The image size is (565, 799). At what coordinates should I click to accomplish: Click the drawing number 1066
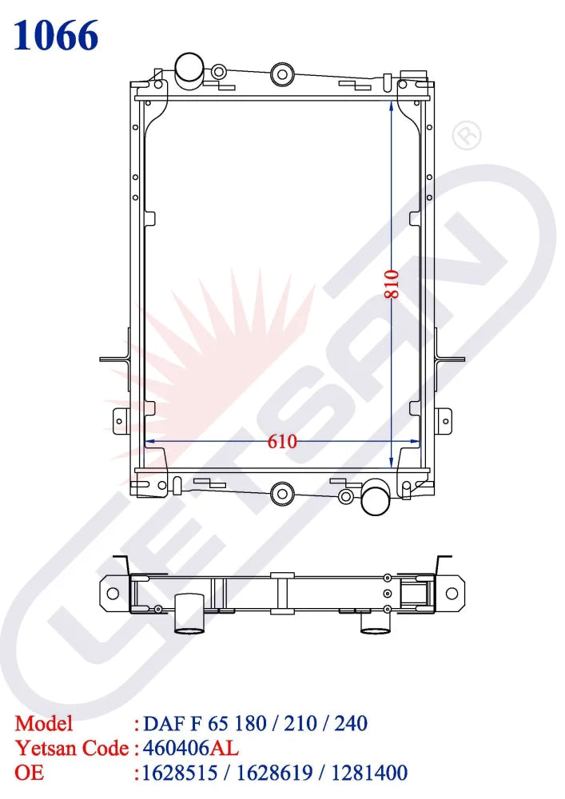[x=56, y=36]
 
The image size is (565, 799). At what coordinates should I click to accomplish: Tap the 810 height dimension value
[x=391, y=284]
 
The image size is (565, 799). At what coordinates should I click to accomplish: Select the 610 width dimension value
[x=282, y=441]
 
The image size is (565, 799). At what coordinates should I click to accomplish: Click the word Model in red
[x=44, y=724]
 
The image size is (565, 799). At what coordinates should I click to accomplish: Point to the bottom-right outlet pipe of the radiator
[x=375, y=499]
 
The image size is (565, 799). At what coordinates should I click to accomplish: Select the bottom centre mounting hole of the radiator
[x=281, y=493]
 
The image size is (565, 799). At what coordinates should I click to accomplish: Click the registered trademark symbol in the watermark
[x=466, y=137]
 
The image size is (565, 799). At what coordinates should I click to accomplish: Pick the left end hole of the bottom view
[x=113, y=593]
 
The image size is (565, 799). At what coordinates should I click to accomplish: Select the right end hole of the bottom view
[x=452, y=593]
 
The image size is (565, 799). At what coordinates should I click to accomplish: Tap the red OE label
[x=30, y=773]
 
